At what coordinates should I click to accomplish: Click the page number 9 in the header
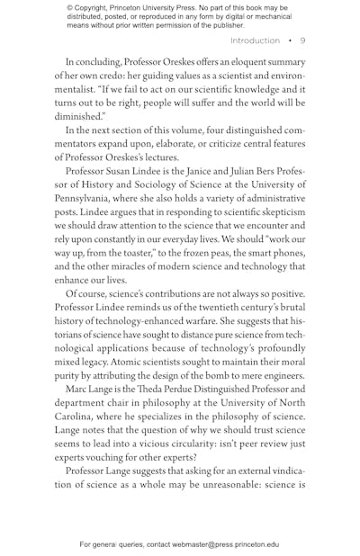[x=302, y=40]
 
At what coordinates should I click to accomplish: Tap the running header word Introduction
[x=255, y=40]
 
